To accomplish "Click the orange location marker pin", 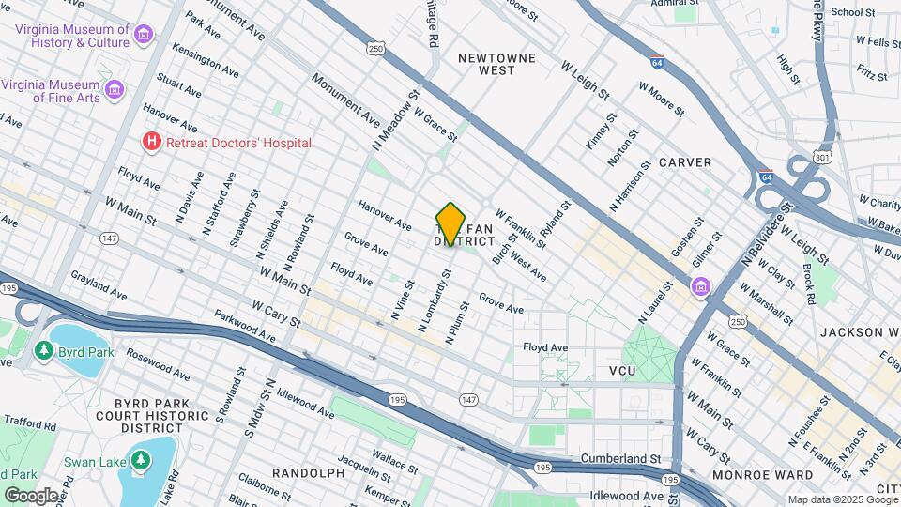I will [451, 223].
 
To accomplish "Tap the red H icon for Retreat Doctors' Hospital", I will [150, 142].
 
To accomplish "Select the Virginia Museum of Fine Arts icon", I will [115, 89].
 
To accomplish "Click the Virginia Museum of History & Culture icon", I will [144, 36].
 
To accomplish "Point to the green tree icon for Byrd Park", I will [43, 350].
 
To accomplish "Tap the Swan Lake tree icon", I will [140, 461].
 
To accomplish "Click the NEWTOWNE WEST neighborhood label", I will [496, 64].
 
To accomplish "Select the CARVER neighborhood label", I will [684, 162].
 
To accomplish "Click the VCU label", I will [622, 372].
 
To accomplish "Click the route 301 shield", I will [822, 156].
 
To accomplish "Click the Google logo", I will [31, 495].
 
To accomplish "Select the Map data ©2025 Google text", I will [842, 499].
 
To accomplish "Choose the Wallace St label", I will [388, 456].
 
